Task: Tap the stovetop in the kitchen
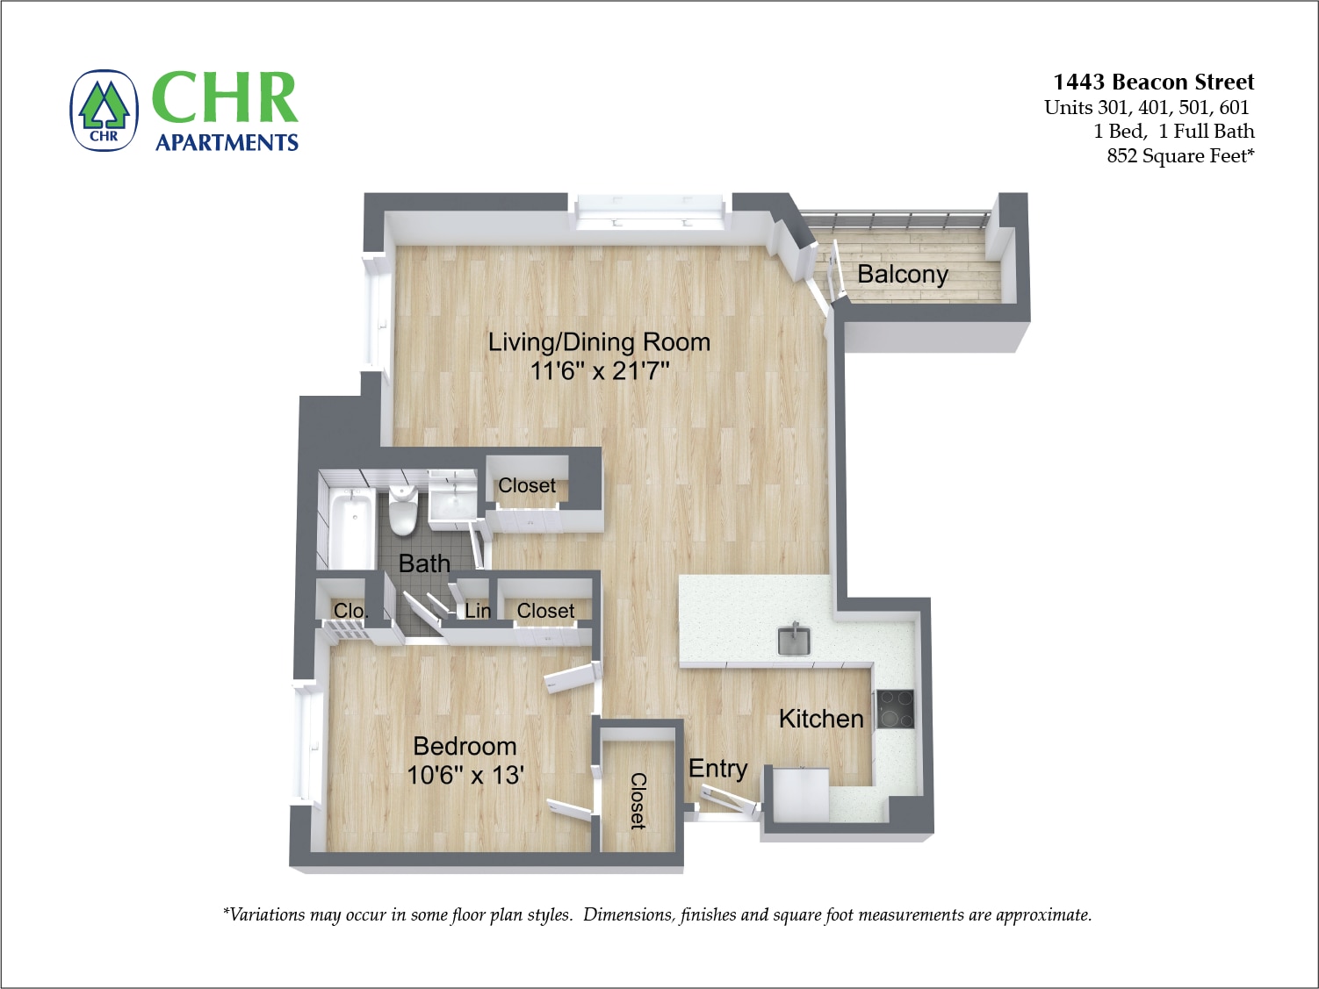coord(895,709)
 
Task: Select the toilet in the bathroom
coord(403,510)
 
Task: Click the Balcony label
coord(902,275)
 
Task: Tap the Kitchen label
coord(821,719)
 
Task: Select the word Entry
coord(717,769)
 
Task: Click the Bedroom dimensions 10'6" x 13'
coord(465,775)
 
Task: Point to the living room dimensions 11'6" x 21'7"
coord(599,370)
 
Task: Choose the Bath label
coord(424,563)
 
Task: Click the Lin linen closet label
coord(477,611)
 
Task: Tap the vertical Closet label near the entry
coord(638,800)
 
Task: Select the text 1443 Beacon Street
coord(1153,82)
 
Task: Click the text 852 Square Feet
coord(1179,156)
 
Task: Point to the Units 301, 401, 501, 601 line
coord(1146,107)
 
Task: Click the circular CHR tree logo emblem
coord(105,111)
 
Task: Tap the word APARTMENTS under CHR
coord(227,143)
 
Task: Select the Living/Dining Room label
coord(599,341)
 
